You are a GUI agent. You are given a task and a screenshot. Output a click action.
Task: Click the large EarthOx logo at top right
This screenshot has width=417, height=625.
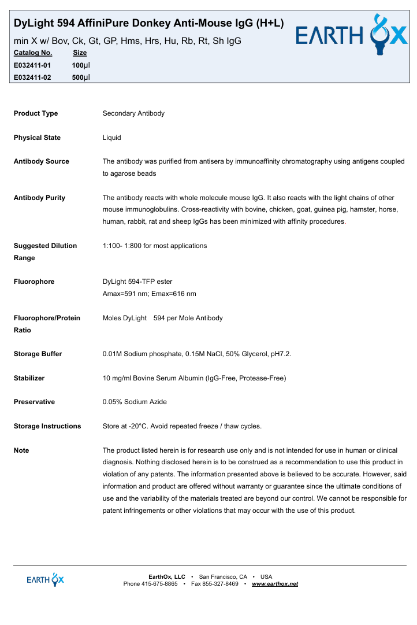click(351, 35)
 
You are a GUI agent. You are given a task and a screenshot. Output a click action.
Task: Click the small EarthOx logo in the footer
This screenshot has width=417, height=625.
click(46, 579)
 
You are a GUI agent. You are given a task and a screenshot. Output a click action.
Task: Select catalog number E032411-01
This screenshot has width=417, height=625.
click(32, 65)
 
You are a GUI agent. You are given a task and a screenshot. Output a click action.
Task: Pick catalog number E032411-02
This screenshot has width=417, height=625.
click(32, 77)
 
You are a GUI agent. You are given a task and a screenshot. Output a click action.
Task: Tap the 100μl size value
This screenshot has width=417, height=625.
click(81, 65)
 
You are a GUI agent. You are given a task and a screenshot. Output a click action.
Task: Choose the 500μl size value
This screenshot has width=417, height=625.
click(81, 77)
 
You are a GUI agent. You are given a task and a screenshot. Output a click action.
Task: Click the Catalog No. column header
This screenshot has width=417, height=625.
click(33, 53)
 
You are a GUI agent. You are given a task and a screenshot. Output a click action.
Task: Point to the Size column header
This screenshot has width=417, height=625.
click(80, 53)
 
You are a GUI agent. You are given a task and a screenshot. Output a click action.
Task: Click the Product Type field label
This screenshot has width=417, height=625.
click(36, 113)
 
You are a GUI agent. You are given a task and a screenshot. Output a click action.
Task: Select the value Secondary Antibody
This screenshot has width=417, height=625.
click(133, 113)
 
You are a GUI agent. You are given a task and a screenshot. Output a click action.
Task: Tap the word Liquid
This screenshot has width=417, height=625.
click(111, 138)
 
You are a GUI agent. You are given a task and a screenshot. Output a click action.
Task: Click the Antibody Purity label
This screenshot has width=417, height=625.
click(39, 198)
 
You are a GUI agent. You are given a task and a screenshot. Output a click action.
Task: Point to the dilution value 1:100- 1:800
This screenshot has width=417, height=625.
click(122, 246)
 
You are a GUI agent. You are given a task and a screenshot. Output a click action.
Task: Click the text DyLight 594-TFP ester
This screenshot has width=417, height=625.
click(137, 282)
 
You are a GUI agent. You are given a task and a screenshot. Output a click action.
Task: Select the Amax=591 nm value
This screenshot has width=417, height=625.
click(124, 294)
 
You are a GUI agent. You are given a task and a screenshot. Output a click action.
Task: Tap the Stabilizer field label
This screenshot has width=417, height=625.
click(29, 378)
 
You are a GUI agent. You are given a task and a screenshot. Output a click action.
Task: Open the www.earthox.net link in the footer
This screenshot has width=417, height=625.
click(275, 584)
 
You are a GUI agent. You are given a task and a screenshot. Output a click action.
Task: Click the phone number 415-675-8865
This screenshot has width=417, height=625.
click(159, 584)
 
